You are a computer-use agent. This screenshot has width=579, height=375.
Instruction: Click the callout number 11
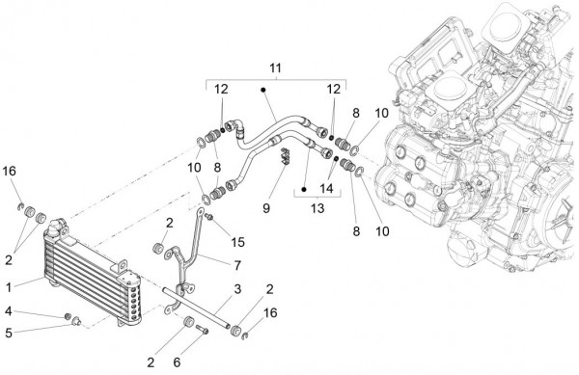pyautogui.click(x=275, y=68)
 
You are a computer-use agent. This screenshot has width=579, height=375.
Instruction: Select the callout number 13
pyautogui.click(x=317, y=208)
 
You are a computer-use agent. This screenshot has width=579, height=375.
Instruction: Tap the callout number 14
pyautogui.click(x=326, y=189)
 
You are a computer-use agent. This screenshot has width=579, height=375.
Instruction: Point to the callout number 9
pyautogui.click(x=266, y=208)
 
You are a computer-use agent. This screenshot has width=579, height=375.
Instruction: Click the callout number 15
pyautogui.click(x=237, y=242)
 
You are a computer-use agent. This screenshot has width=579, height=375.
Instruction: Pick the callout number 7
pyautogui.click(x=237, y=265)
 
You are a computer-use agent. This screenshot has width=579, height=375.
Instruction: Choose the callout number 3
pyautogui.click(x=237, y=289)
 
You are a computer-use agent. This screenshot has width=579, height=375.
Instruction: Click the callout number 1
pyautogui.click(x=9, y=287)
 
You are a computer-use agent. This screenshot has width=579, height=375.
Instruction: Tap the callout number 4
pyautogui.click(x=8, y=311)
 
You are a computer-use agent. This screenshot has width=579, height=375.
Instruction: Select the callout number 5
pyautogui.click(x=9, y=334)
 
